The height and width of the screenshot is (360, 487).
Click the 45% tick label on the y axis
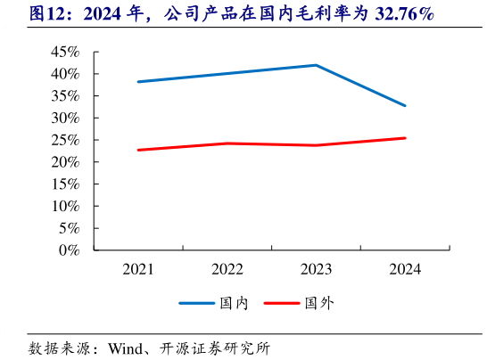[64, 53]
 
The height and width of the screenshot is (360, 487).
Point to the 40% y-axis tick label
[64, 74]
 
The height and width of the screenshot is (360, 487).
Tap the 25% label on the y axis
[64, 140]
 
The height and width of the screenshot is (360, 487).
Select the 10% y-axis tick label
[64, 206]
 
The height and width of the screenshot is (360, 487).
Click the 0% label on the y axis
[69, 250]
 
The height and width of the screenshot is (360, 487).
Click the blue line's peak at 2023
[316, 65]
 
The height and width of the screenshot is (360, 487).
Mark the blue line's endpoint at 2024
[405, 105]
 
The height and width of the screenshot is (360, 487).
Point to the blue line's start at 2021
[138, 82]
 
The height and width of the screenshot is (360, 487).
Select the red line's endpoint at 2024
[405, 138]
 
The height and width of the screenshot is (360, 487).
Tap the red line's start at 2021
[138, 150]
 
